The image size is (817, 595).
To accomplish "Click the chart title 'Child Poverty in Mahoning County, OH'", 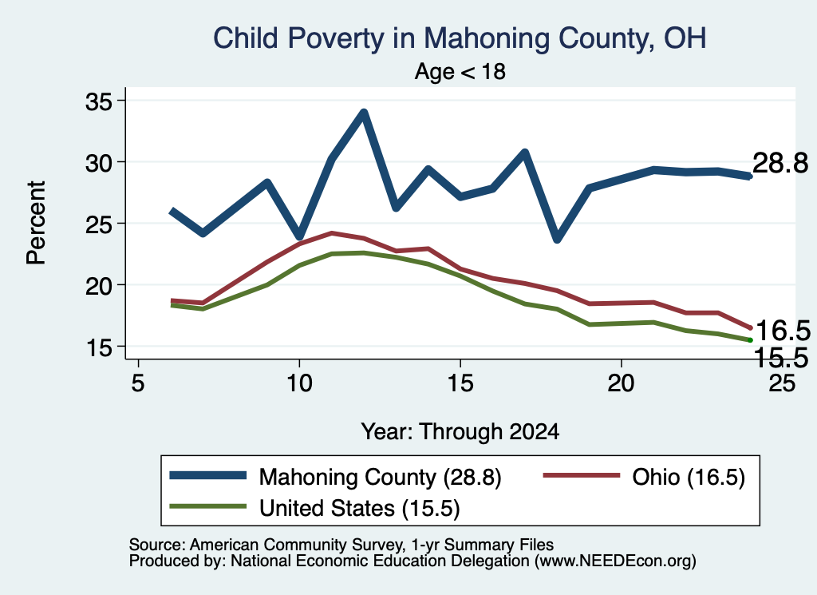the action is point(460,39).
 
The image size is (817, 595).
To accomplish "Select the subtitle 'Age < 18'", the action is point(460,71).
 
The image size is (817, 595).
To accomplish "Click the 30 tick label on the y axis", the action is point(99,162).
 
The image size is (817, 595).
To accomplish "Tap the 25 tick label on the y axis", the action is point(99,224).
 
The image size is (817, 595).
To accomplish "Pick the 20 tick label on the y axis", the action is point(99,285).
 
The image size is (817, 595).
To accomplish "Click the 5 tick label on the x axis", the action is point(138,383).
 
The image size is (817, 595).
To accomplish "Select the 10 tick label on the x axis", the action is point(299,383).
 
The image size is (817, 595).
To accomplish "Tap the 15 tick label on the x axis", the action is point(460,383).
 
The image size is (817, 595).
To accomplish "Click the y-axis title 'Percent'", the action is point(37,223).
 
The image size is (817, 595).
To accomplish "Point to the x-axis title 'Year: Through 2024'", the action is point(460,432).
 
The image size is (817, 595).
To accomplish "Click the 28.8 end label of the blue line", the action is point(780,163).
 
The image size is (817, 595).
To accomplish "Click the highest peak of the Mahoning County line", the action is point(364,112).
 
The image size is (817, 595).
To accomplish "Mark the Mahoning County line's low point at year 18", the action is point(557,239).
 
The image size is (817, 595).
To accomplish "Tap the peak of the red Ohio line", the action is point(331,233).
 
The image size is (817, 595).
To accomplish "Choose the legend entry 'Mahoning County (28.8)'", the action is point(336,477).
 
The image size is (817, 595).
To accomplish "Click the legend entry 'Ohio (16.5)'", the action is point(645,477).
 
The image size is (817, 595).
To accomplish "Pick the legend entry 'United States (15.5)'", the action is point(315,508).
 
